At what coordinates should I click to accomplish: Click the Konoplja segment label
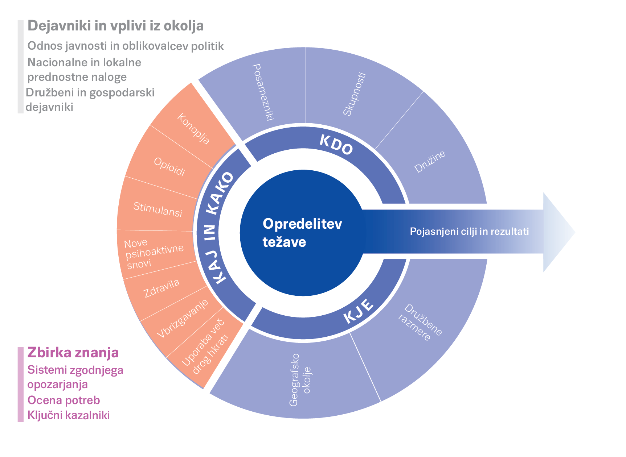tap(193, 129)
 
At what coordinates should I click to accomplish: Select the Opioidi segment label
tap(169, 167)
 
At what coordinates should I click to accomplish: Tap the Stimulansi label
tap(157, 209)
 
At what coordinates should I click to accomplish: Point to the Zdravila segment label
tap(161, 288)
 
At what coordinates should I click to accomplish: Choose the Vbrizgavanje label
tap(183, 319)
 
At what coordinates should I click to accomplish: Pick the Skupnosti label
tap(354, 94)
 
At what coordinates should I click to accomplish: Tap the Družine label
tap(430, 162)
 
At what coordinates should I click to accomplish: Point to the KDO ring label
tap(336, 145)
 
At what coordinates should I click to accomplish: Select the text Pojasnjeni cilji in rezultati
tap(469, 231)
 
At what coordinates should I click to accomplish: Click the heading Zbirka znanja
tap(73, 352)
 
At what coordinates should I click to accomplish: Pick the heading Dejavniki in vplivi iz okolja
tap(115, 26)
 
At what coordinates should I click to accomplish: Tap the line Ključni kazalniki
tap(69, 415)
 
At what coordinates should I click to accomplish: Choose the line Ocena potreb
tap(64, 400)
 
